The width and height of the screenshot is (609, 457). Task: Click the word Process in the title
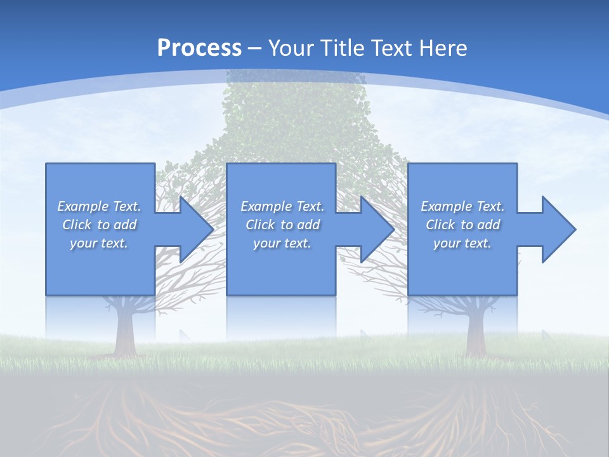[199, 48]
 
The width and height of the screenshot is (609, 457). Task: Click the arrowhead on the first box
[193, 229]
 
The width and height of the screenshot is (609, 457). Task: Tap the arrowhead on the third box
[556, 229]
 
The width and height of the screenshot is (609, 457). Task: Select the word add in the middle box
[308, 225]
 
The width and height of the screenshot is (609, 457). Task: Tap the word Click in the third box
[440, 225]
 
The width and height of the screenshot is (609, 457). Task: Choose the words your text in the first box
[99, 243]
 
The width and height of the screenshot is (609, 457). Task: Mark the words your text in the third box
[462, 243]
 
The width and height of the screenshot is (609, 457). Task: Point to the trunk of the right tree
[477, 330]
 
